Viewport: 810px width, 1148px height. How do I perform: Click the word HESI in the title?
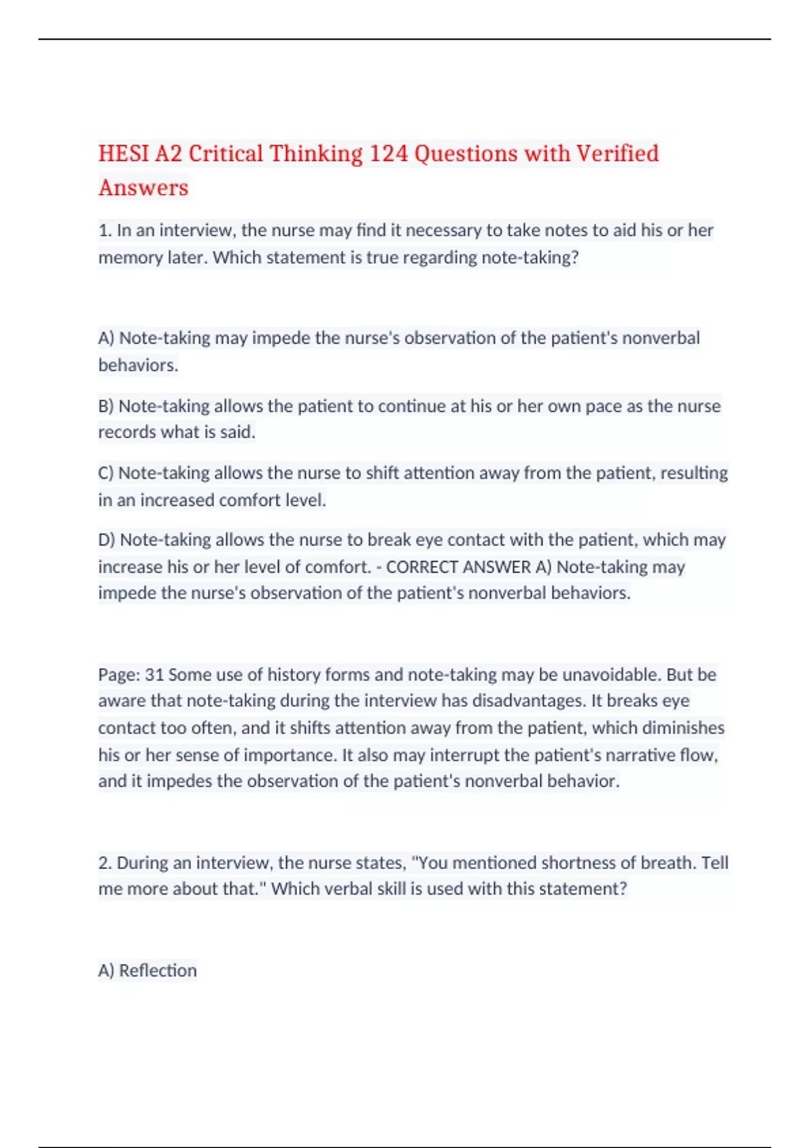124,154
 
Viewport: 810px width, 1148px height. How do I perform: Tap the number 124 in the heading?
389,154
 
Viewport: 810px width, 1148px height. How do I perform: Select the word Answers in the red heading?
143,188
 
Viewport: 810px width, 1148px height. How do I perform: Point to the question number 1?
105,231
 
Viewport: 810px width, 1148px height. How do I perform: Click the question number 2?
105,863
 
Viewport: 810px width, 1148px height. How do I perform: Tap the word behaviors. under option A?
138,365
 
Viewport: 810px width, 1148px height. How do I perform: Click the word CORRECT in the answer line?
424,567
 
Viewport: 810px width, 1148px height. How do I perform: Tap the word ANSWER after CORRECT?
500,567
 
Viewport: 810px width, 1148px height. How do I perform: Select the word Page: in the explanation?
119,675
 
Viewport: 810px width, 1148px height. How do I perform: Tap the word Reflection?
158,970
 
